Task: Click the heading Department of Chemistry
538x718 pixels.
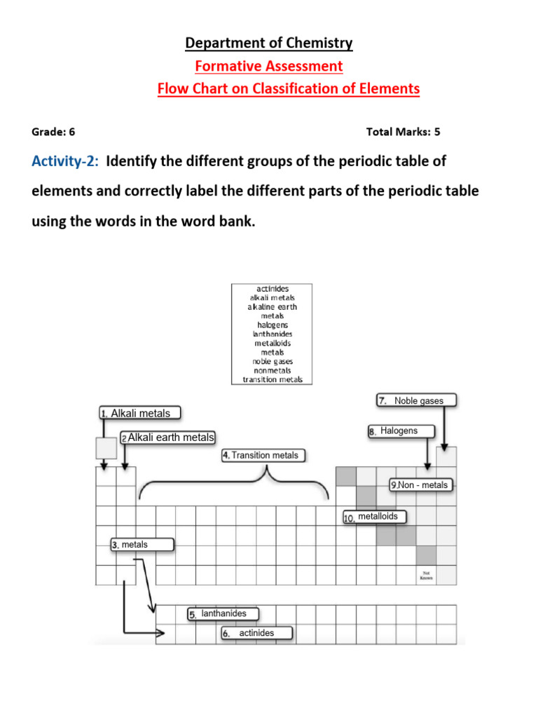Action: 269,43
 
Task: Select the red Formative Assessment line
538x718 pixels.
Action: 269,67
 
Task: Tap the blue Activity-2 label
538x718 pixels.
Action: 64,161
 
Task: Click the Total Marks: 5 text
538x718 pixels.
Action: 403,131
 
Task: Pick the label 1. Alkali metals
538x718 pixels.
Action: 140,413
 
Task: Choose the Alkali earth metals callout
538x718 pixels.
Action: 167,438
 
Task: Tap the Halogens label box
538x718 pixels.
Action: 401,431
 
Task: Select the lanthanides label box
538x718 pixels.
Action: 222,614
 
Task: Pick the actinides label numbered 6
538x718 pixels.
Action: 256,633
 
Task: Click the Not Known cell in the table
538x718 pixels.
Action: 426,576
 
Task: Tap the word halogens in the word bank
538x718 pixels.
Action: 273,325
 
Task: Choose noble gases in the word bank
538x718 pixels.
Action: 273,361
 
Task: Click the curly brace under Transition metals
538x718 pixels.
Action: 233,484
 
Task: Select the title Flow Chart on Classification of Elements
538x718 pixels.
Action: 289,89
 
